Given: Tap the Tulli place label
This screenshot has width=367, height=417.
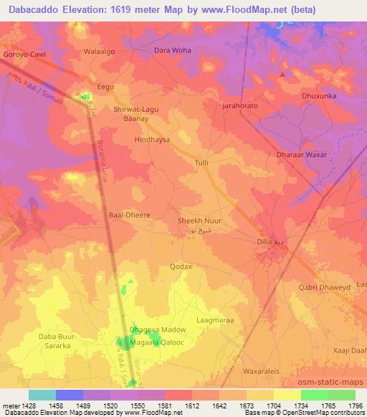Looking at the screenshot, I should pyautogui.click(x=202, y=163).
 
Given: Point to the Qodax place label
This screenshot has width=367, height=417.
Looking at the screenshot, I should pyautogui.click(x=181, y=267).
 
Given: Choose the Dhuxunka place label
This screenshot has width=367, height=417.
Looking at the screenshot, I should pyautogui.click(x=318, y=92).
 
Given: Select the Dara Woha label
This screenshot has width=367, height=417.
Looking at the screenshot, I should pyautogui.click(x=173, y=51).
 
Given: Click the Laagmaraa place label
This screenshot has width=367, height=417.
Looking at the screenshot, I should pyautogui.click(x=215, y=320).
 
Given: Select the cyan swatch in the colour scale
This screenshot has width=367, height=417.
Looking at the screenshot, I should pyautogui.click(x=42, y=395).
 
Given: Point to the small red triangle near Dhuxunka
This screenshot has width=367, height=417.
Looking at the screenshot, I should pyautogui.click(x=283, y=74).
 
